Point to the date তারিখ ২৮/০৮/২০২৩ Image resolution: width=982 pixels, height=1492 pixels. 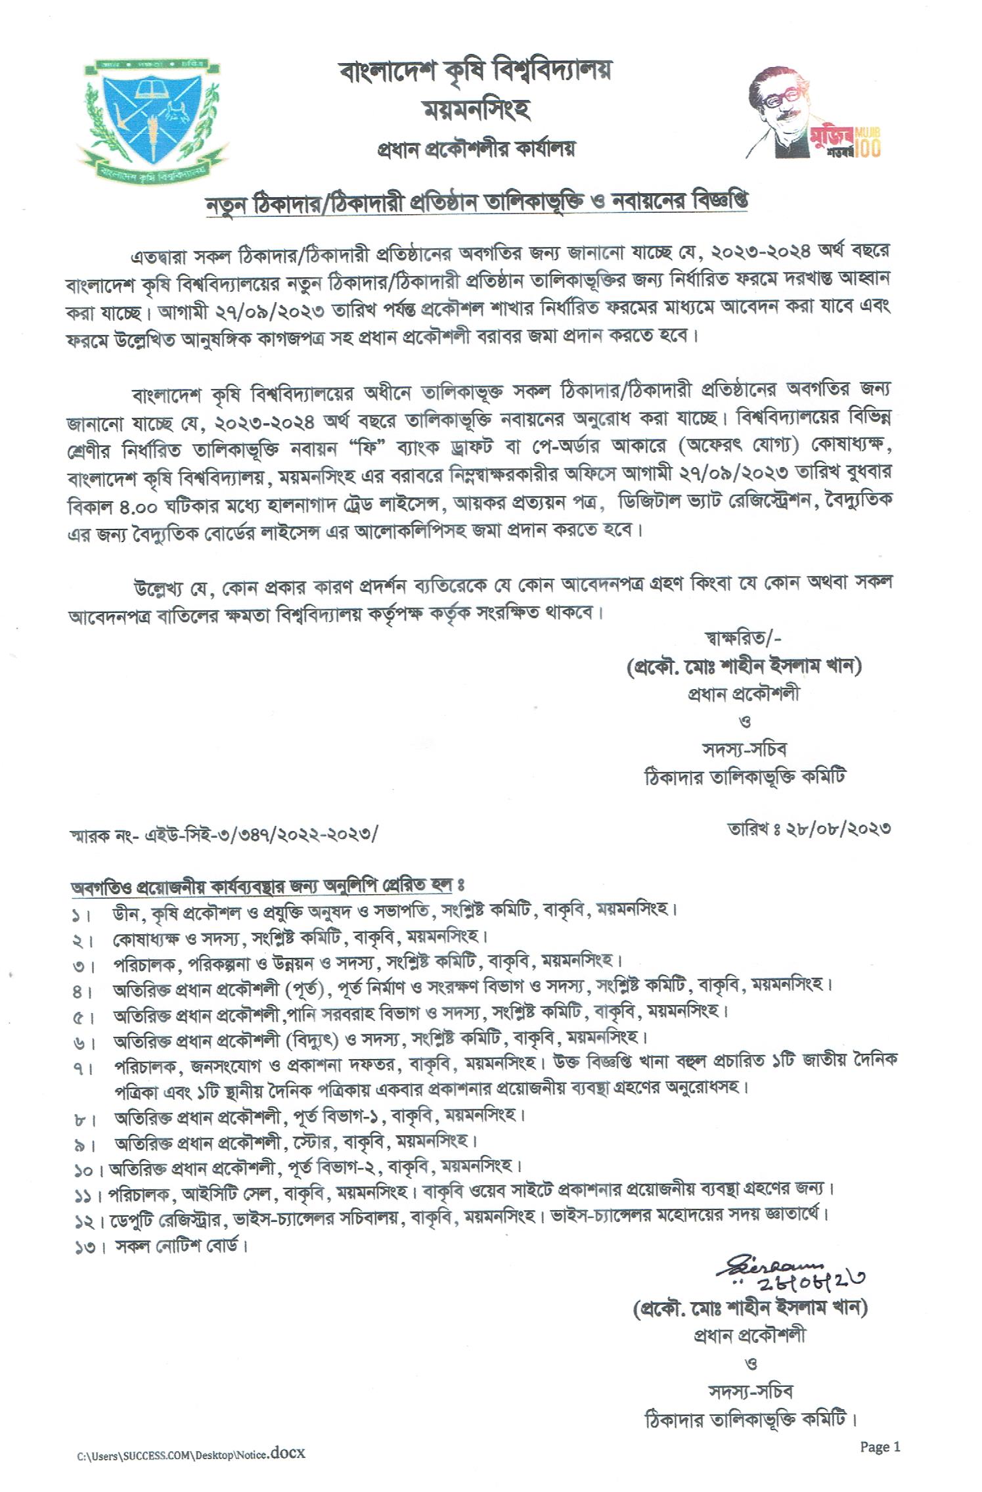pyautogui.click(x=809, y=828)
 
